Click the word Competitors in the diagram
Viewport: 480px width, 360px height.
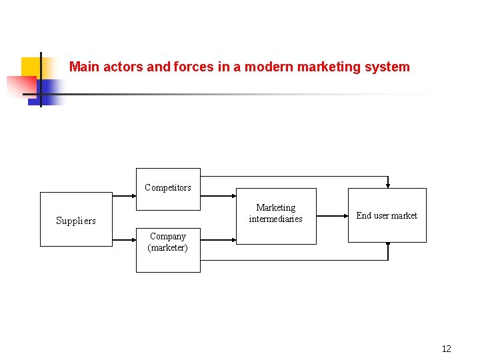(168, 187)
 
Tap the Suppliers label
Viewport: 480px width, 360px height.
(76, 221)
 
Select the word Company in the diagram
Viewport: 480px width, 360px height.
(168, 236)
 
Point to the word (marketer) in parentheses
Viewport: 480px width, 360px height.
(168, 248)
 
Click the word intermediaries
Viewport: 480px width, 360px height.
(275, 219)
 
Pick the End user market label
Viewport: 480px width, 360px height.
(387, 215)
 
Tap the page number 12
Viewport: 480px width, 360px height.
(446, 349)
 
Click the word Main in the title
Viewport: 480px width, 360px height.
(84, 67)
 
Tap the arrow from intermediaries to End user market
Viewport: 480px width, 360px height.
(331, 215)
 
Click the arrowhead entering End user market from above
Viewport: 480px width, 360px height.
(388, 186)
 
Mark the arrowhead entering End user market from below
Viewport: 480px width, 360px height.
(388, 245)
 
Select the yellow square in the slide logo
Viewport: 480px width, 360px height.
(31, 67)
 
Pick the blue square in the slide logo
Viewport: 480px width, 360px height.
(48, 89)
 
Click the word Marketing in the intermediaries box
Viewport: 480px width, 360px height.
(275, 207)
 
